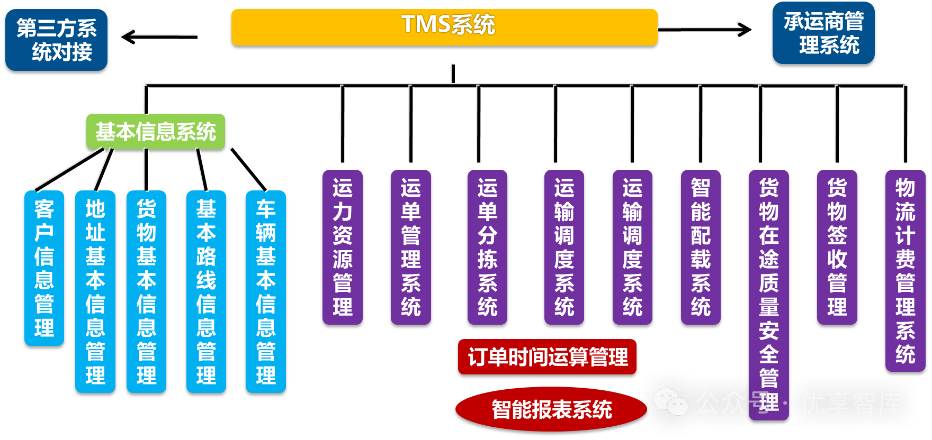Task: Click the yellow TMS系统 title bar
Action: [444, 27]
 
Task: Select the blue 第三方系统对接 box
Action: [56, 40]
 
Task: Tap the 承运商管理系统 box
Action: [823, 33]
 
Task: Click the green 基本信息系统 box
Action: [156, 132]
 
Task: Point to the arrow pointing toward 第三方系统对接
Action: [159, 37]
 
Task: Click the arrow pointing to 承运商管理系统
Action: [705, 30]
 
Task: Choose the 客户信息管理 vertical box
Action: [44, 268]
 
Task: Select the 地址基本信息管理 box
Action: [95, 291]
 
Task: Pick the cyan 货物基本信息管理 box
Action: [147, 291]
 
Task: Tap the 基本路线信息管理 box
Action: [206, 291]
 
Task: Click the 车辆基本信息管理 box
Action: [266, 291]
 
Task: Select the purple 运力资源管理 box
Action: [343, 247]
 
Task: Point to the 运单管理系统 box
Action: [411, 247]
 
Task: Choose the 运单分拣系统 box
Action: [488, 247]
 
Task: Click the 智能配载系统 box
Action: [701, 247]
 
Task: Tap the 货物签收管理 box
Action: [837, 247]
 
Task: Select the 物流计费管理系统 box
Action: [906, 271]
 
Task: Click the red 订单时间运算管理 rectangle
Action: [547, 357]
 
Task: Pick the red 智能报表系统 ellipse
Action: [551, 409]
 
